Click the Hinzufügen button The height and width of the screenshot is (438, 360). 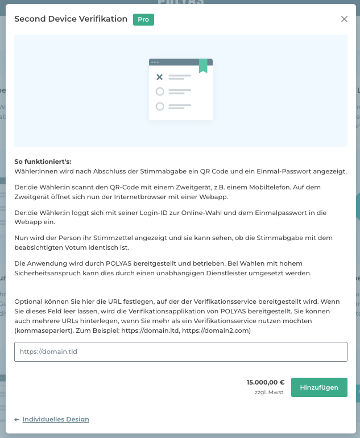tap(319, 387)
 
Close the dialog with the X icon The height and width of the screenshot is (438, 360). tap(344, 19)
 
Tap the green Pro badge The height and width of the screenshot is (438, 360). tap(143, 19)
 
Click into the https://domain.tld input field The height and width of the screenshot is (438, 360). tap(181, 352)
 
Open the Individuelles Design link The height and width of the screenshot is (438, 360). tap(56, 419)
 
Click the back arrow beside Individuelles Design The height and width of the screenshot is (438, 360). tap(17, 420)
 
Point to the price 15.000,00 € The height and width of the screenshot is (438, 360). tap(266, 382)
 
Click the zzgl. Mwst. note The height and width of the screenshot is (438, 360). tap(270, 392)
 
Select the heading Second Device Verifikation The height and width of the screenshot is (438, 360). tap(71, 19)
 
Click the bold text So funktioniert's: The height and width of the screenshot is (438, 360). tap(43, 162)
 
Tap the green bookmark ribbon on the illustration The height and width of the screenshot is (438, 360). tap(203, 66)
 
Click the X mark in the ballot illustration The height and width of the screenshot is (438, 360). tap(160, 77)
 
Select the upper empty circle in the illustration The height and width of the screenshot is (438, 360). tap(160, 91)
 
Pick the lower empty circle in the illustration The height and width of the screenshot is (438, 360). tap(160, 106)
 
